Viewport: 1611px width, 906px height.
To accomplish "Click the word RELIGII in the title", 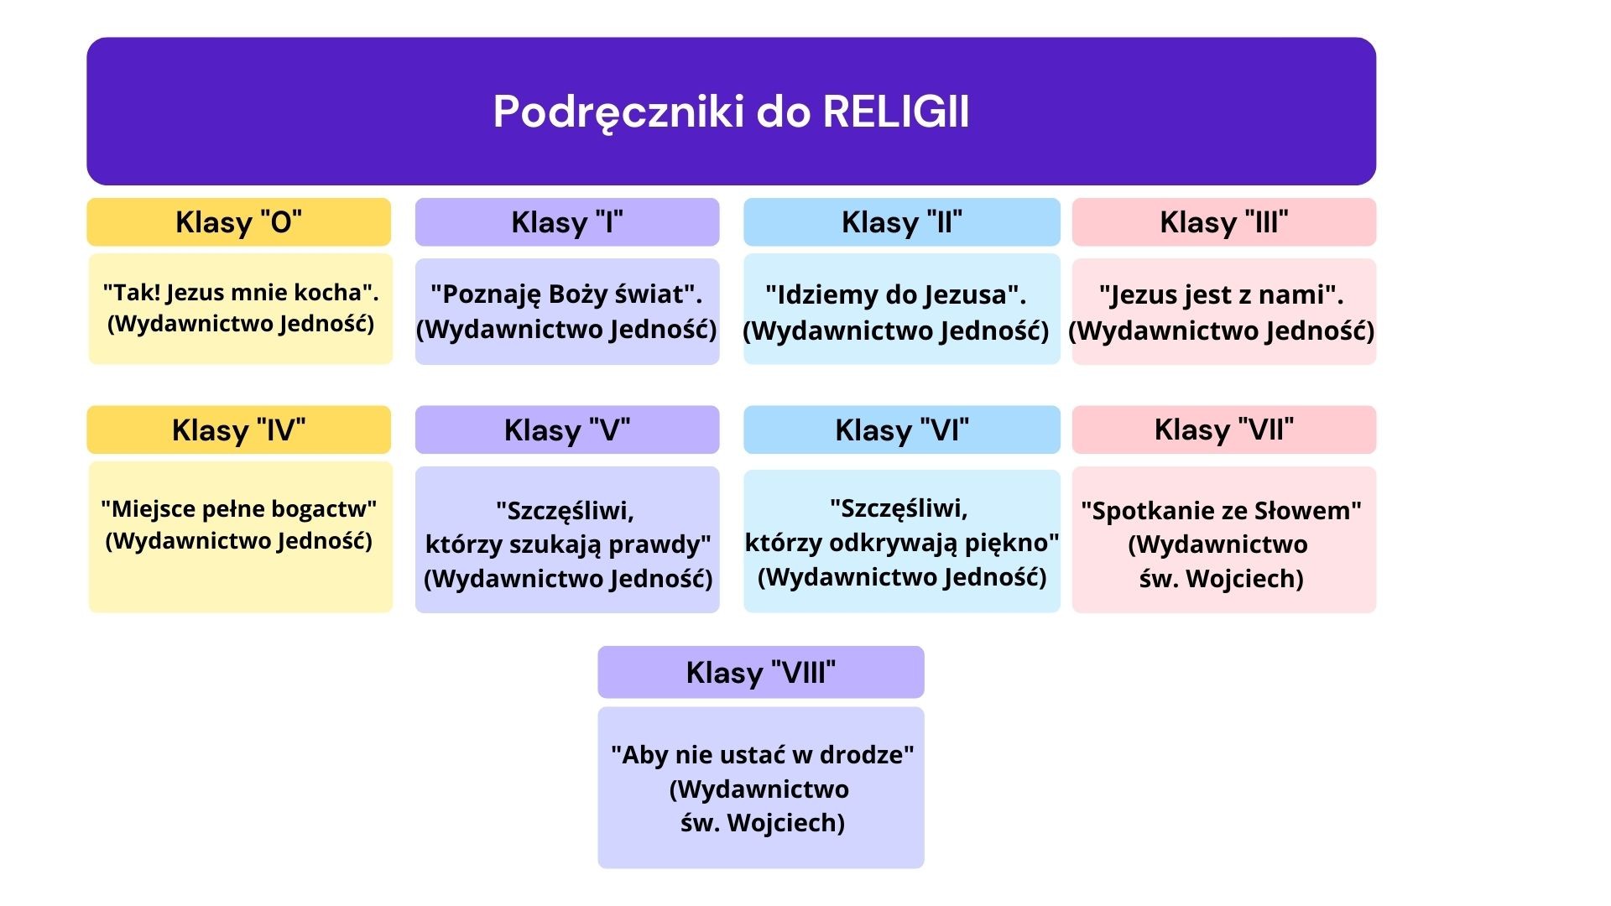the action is (x=896, y=112).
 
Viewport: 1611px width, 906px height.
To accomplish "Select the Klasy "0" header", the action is (x=239, y=222).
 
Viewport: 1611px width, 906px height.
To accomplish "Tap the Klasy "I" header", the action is (x=567, y=222).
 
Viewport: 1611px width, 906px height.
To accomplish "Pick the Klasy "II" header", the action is (x=902, y=222).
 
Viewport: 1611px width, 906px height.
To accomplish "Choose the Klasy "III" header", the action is (x=1224, y=222).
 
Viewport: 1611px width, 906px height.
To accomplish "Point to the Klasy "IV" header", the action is (x=239, y=430).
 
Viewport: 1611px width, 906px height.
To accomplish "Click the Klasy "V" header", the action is (x=567, y=430).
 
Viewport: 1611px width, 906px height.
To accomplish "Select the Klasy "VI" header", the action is (x=902, y=430).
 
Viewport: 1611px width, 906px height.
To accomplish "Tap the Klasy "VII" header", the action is (x=1224, y=430).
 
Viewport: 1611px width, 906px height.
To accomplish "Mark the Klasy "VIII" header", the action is (x=761, y=672).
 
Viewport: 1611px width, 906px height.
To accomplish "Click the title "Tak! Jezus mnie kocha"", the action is (x=241, y=293).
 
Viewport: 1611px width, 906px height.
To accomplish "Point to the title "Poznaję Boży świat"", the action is (x=567, y=294).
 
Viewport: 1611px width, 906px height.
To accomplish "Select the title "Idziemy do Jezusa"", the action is (x=896, y=295).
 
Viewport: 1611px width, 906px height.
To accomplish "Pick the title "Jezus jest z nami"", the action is (x=1222, y=295).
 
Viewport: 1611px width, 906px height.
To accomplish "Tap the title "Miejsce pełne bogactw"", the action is (x=239, y=509).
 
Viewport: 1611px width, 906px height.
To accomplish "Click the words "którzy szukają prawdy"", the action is (x=568, y=544).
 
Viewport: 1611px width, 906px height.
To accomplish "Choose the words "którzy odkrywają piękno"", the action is (x=902, y=543).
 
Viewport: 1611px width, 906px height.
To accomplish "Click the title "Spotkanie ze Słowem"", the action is (x=1222, y=511).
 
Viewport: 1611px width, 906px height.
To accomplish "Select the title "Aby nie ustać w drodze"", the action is (x=763, y=755).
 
